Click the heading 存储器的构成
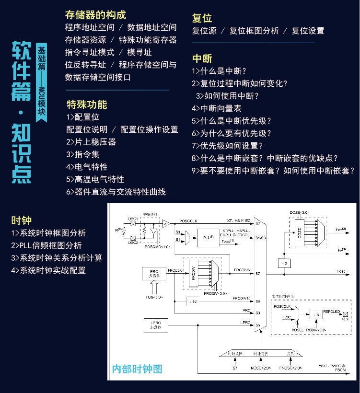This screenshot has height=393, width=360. click(x=95, y=15)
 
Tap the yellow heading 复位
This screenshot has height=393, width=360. click(x=202, y=18)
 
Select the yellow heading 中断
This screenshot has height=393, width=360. click(x=202, y=58)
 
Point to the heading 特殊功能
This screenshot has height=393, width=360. click(x=87, y=104)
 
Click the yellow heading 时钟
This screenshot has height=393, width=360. click(x=22, y=220)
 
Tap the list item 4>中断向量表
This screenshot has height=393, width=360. click(x=216, y=109)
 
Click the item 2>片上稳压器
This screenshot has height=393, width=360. click(x=91, y=142)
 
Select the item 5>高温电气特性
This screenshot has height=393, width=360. click(x=95, y=179)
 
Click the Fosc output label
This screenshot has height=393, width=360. click(x=341, y=271)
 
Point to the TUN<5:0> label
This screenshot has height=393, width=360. click(x=154, y=297)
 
